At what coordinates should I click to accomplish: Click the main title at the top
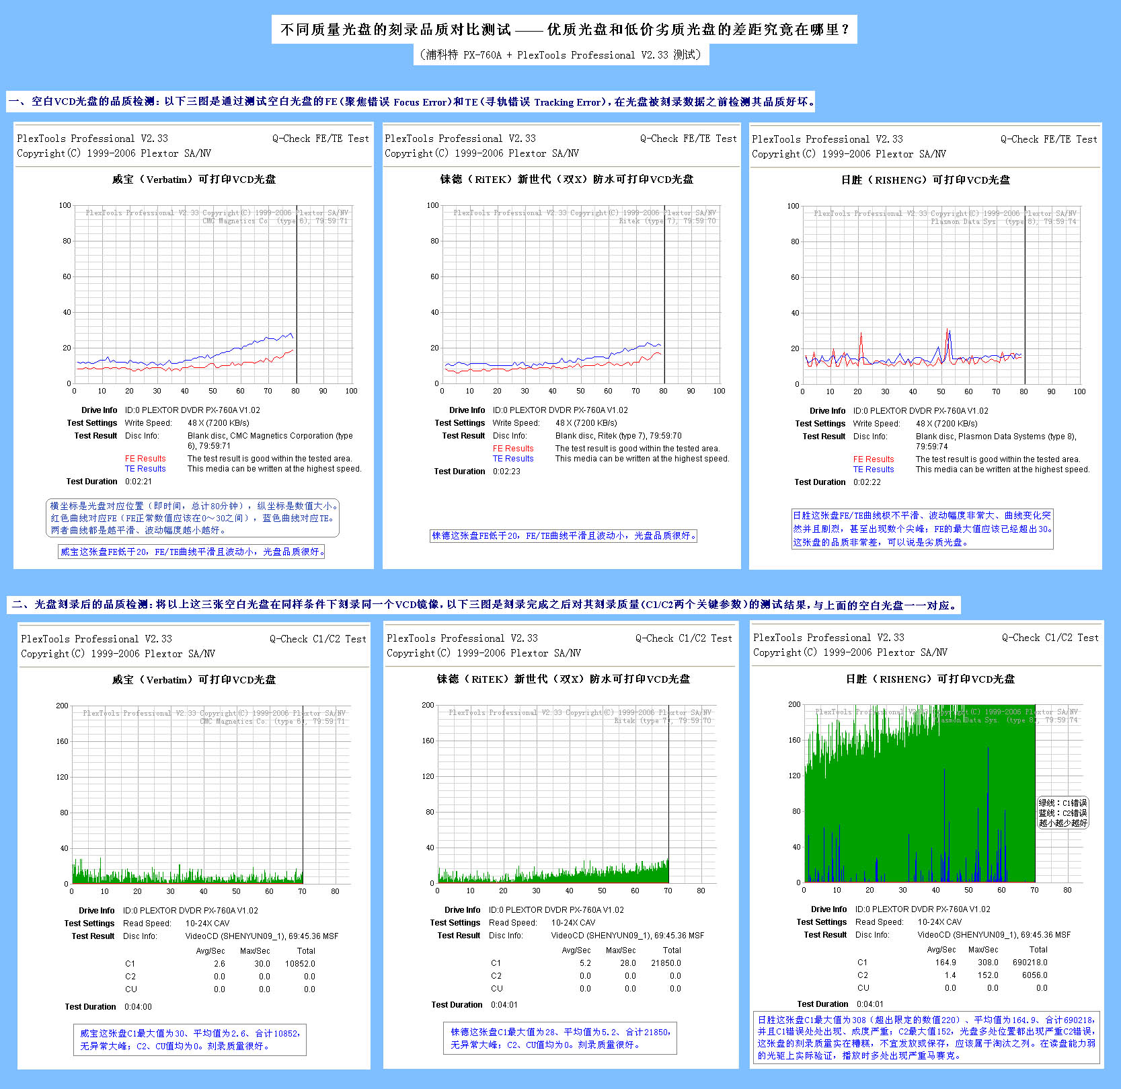click(564, 30)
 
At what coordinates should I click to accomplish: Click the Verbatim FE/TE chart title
click(194, 180)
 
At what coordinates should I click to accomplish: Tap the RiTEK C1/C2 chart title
click(563, 679)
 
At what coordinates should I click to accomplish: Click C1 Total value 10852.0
click(300, 964)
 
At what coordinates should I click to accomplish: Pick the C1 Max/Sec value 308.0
click(988, 963)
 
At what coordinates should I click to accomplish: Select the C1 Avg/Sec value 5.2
click(585, 963)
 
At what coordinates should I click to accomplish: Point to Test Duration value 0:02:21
click(138, 482)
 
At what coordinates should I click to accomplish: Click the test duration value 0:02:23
click(506, 472)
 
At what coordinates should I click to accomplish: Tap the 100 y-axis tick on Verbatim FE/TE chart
click(65, 205)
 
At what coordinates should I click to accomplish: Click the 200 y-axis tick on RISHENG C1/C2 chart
click(794, 704)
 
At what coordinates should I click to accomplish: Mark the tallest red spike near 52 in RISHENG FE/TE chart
click(948, 330)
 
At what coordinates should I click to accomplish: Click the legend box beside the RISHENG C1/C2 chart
click(1062, 813)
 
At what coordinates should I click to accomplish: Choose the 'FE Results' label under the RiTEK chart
click(513, 449)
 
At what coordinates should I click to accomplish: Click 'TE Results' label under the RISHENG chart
click(874, 470)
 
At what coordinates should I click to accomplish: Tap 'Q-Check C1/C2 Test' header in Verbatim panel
click(317, 639)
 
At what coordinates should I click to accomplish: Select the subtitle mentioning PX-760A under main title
click(562, 55)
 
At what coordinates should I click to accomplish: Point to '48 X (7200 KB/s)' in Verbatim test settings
click(219, 423)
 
